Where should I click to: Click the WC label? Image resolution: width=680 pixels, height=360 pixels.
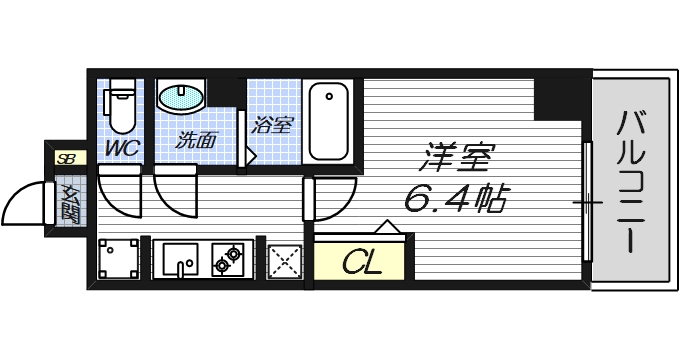pos(123,147)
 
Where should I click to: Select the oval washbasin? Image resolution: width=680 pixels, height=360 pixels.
pos(181,98)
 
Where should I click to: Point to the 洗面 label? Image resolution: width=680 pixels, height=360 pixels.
pos(196,140)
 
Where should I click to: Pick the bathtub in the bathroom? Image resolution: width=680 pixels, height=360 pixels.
pos(328,120)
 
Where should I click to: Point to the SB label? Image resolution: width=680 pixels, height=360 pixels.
pos(67,158)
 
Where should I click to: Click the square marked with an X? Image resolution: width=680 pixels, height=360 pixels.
pos(286,262)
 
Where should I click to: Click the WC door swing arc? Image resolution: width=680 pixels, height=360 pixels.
pos(122,195)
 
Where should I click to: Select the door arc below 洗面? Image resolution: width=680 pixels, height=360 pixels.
pos(178,195)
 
